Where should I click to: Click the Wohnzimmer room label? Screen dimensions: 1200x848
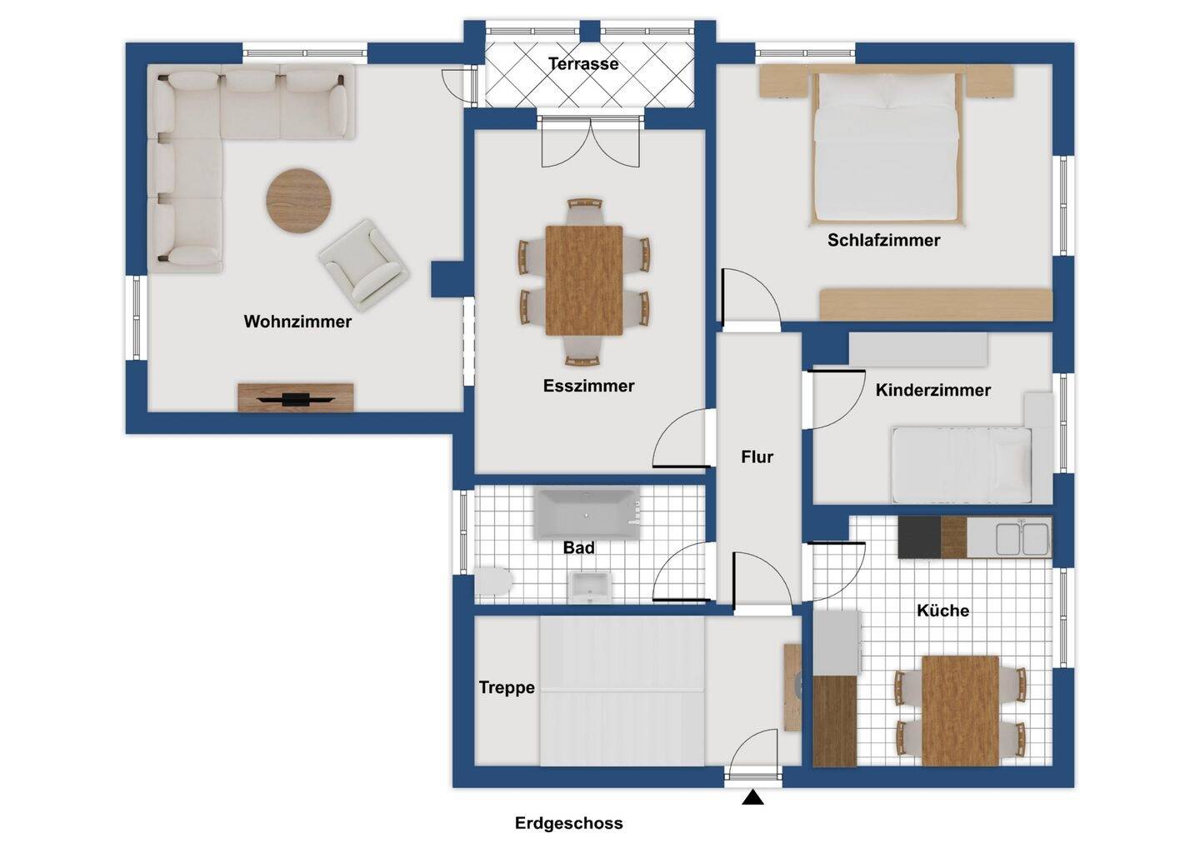pos(297,322)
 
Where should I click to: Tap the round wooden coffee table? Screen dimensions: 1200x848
pos(299,201)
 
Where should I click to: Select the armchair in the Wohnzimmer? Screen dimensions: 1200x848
pos(364,265)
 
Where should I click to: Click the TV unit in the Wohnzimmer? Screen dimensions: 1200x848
pos(296,397)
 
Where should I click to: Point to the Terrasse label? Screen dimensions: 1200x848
pos(583,63)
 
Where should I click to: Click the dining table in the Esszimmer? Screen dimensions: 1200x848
pos(584,281)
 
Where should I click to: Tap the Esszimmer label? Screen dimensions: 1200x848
pos(588,386)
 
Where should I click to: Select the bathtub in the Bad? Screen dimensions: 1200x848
pos(587,515)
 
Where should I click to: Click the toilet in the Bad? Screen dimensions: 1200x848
pos(493,581)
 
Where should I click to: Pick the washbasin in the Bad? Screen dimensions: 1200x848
pos(590,587)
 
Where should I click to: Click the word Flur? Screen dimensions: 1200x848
pos(757,456)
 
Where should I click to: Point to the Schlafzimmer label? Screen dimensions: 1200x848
pos(883,240)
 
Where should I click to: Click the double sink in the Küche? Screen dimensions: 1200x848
pos(1022,538)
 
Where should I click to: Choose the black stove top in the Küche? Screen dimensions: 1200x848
pos(919,537)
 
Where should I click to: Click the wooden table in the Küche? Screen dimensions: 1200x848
pos(961,711)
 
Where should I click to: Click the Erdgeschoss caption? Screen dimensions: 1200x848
pos(569,823)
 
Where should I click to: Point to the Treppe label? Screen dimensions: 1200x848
pos(507,687)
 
